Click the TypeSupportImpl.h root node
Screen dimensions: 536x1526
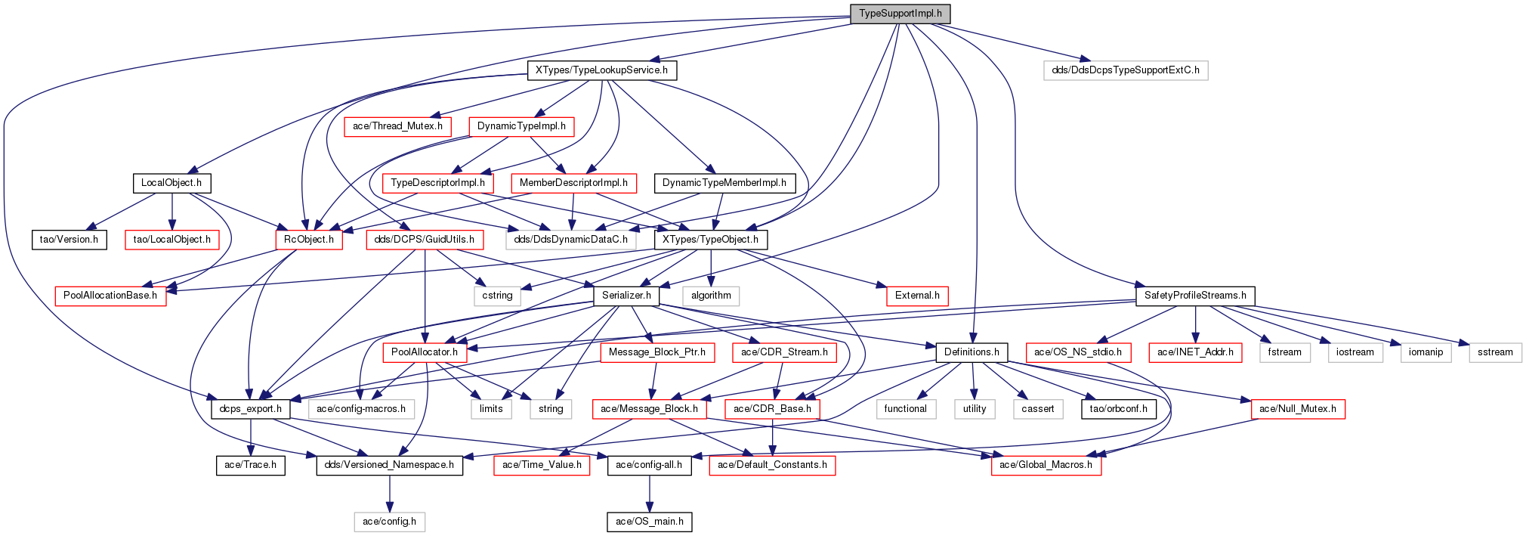900,14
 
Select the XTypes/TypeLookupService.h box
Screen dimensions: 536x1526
601,70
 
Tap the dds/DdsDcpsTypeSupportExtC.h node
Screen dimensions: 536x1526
1125,70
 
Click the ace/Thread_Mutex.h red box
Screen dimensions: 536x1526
397,126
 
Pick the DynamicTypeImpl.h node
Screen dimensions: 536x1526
521,126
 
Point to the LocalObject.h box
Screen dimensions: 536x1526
171,183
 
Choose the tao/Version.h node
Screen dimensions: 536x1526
69,240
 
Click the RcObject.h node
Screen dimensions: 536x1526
308,240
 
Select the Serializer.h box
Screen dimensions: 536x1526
626,296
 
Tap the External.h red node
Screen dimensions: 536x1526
917,296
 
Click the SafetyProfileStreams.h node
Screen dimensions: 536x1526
1195,296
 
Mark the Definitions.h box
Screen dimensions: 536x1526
972,352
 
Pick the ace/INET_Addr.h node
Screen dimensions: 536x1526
1195,352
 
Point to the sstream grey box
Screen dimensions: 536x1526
1495,352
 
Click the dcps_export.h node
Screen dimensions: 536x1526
250,409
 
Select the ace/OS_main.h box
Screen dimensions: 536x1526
650,522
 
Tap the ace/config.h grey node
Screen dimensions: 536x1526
389,522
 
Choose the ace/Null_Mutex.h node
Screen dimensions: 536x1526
1297,409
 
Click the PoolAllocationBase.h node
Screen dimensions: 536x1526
110,296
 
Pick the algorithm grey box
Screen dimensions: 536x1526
711,296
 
